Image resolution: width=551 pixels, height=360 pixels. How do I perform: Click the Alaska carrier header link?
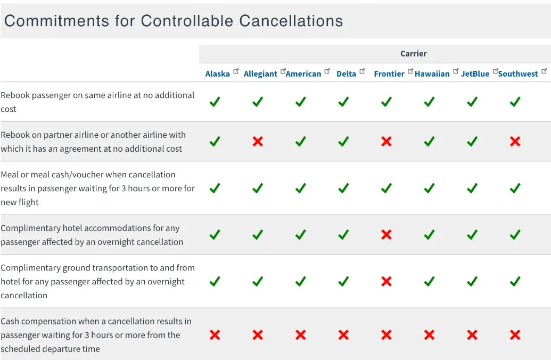coord(217,74)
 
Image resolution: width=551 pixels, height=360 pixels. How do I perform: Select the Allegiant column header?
coord(260,74)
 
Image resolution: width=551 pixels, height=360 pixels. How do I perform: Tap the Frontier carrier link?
coord(389,74)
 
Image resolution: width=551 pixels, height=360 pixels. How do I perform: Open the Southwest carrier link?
coord(518,74)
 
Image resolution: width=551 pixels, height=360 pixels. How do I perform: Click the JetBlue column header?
coord(475,74)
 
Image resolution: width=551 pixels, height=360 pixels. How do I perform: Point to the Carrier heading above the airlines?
coord(413,54)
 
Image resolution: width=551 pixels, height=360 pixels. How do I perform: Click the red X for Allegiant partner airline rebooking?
coord(258,142)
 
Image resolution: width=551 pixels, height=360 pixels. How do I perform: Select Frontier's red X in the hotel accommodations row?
coord(386,234)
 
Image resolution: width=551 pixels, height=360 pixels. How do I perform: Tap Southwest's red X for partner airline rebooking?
coord(515,142)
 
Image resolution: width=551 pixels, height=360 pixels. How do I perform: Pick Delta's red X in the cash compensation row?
coord(343,335)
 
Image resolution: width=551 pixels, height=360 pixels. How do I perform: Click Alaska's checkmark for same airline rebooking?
coord(215,102)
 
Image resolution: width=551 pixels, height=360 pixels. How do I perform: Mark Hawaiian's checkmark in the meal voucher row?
coord(429,188)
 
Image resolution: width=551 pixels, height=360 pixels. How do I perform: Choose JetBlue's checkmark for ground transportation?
coord(472,281)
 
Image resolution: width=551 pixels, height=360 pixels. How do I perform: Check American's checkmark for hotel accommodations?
coord(300,234)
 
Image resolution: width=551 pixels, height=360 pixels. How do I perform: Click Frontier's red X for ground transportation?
coord(386,281)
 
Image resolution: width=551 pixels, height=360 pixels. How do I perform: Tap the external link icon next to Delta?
coord(363,71)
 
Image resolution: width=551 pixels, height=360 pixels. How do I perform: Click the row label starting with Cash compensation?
coord(96,335)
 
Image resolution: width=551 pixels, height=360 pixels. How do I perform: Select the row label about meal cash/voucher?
coord(97,188)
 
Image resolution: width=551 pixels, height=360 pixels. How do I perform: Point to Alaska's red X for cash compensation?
coord(215,335)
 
